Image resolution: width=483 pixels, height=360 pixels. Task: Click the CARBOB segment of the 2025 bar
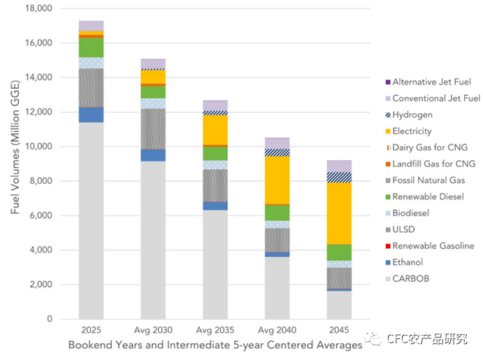(91, 220)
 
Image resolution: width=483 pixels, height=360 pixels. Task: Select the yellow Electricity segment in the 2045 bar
(340, 213)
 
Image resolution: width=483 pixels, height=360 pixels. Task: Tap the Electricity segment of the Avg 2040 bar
(277, 180)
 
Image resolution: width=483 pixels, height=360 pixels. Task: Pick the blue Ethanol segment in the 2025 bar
(91, 115)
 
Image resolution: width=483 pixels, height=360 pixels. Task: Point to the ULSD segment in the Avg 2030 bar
(153, 129)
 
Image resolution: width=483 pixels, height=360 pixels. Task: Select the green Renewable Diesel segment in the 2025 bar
(91, 48)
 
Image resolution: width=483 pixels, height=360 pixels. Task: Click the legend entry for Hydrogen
(412, 115)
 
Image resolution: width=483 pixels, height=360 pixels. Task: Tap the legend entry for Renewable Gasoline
(433, 245)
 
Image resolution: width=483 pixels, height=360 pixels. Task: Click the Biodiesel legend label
(410, 213)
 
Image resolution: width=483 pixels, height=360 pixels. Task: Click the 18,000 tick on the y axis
(39, 8)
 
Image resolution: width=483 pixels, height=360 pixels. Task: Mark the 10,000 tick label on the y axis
(39, 147)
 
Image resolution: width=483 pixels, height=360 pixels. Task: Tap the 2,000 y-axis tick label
(41, 285)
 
